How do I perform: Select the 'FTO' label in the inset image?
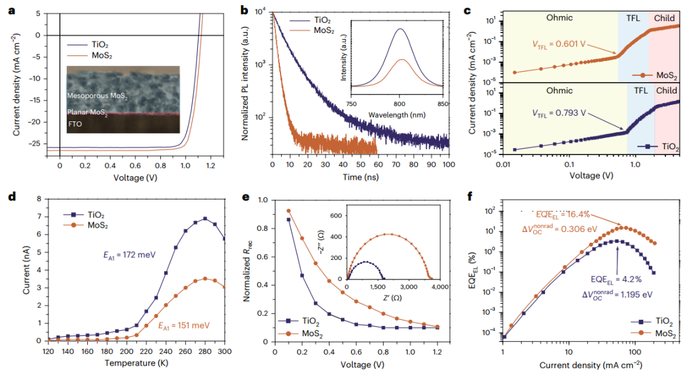click(x=76, y=126)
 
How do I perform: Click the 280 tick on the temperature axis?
click(x=205, y=351)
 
